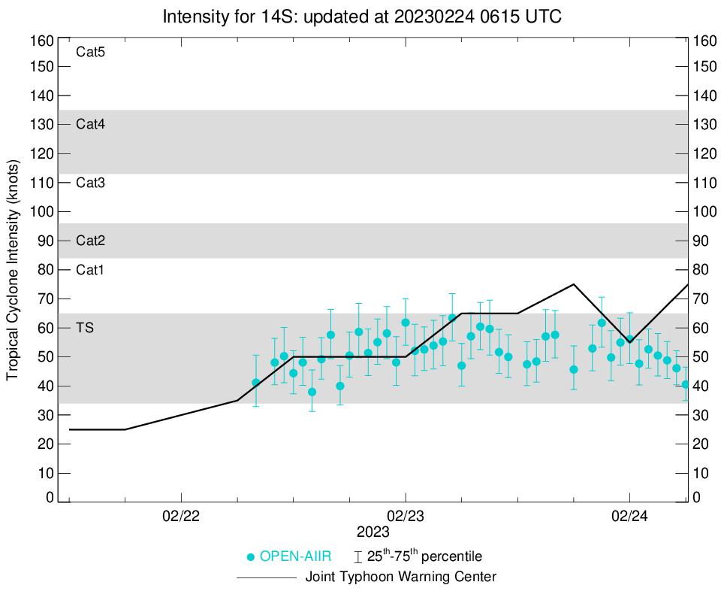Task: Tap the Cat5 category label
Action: click(x=90, y=53)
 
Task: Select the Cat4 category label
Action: click(x=90, y=125)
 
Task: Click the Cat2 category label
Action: click(x=90, y=241)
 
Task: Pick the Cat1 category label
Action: click(x=90, y=270)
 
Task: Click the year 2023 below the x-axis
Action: click(x=373, y=532)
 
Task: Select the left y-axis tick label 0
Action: click(x=50, y=498)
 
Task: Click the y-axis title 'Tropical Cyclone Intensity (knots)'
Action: click(x=13, y=269)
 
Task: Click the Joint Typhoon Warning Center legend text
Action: click(x=401, y=577)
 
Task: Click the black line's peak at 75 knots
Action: click(x=574, y=284)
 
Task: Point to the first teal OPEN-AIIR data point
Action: click(x=256, y=383)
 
